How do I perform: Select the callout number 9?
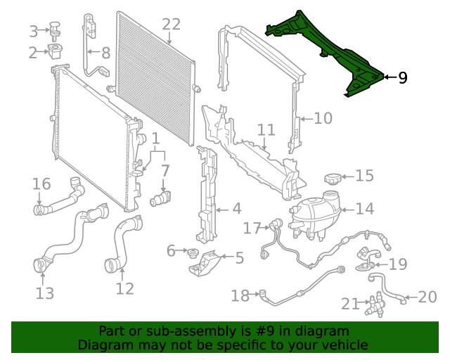402,77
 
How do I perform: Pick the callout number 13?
44,293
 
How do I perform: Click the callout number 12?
124,288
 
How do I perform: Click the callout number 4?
236,209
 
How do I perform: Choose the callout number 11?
266,130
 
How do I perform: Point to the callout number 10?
323,118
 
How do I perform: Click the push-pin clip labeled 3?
54,30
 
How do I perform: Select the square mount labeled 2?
56,51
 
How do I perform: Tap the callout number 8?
105,53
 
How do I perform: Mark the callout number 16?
41,184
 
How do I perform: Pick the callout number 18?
240,296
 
